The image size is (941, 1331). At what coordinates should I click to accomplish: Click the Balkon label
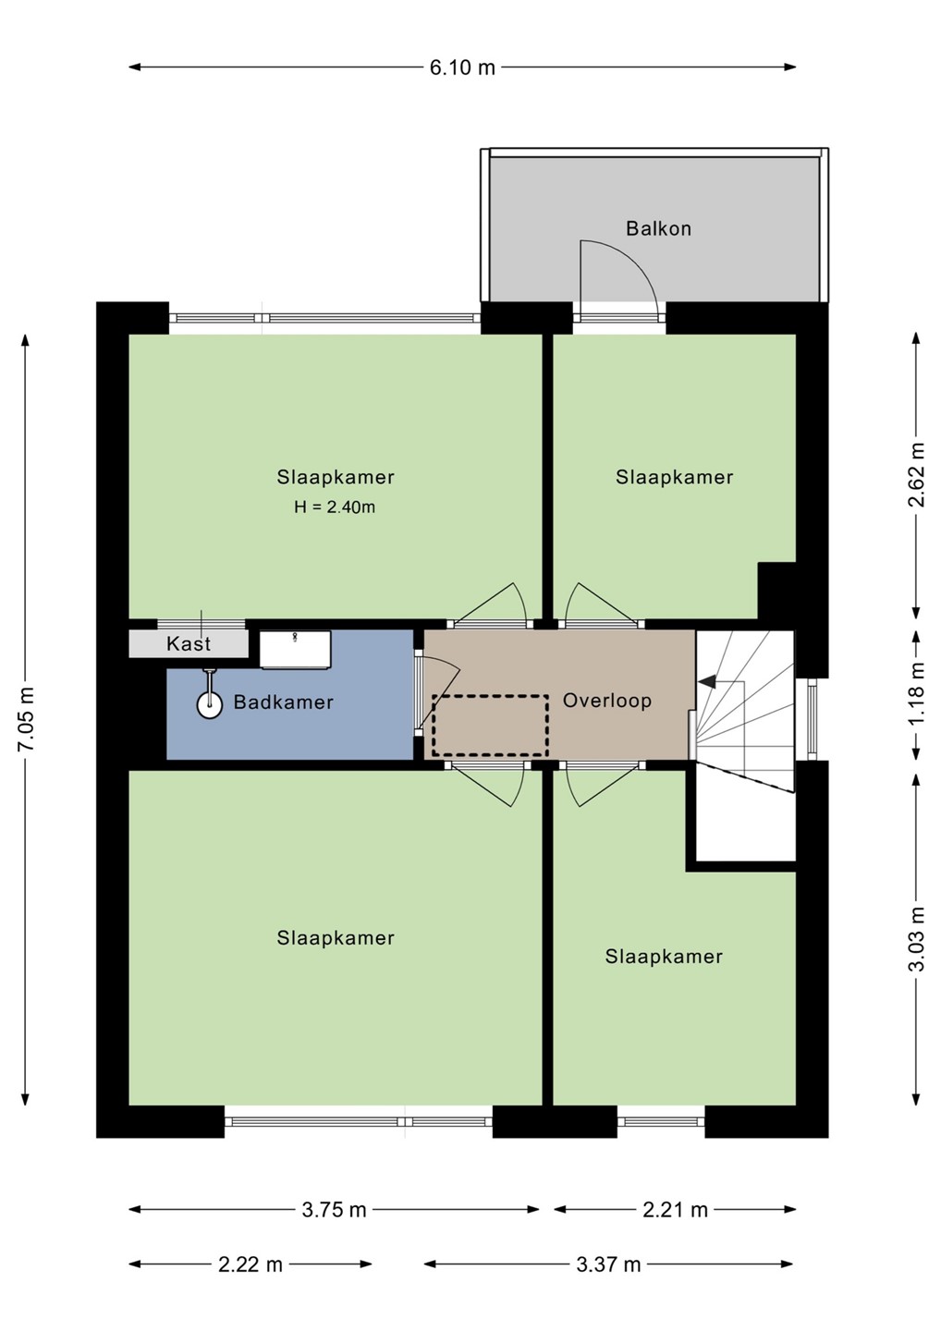pyautogui.click(x=658, y=229)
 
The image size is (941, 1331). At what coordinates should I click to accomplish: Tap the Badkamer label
pyautogui.click(x=284, y=702)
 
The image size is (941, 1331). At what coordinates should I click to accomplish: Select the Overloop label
pyautogui.click(x=607, y=701)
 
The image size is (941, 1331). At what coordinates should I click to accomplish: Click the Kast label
pyautogui.click(x=189, y=644)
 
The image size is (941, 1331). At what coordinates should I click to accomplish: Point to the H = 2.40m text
pyautogui.click(x=335, y=507)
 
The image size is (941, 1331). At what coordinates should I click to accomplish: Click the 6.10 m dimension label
pyautogui.click(x=462, y=67)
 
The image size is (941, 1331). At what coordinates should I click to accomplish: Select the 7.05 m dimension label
pyautogui.click(x=26, y=719)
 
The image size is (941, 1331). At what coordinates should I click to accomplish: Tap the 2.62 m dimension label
pyautogui.click(x=917, y=475)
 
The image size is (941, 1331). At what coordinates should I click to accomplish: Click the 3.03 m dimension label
pyautogui.click(x=917, y=939)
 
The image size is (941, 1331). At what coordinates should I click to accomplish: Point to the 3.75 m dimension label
pyautogui.click(x=334, y=1210)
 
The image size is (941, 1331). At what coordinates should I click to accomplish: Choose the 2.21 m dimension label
pyautogui.click(x=675, y=1210)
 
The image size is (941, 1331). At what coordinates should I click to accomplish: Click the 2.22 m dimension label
pyautogui.click(x=251, y=1264)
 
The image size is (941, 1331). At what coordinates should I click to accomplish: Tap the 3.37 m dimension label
pyautogui.click(x=608, y=1264)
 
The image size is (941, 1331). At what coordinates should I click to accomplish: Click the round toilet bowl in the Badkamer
pyautogui.click(x=209, y=705)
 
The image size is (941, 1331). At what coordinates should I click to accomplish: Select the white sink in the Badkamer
pyautogui.click(x=295, y=650)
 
